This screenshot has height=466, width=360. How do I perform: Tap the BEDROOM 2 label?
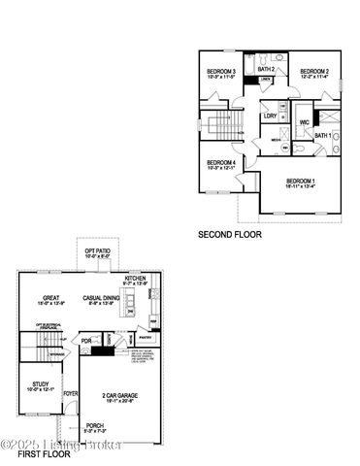(314, 72)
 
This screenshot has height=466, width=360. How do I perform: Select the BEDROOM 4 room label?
(222, 162)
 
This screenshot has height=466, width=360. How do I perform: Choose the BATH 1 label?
(323, 135)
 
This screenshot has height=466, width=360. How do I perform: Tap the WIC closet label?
(304, 122)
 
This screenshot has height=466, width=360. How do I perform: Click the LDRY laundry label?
(271, 117)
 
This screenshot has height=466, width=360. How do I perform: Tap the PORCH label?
(94, 424)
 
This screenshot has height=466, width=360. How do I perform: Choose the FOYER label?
(71, 394)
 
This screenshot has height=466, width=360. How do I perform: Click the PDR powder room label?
(86, 340)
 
